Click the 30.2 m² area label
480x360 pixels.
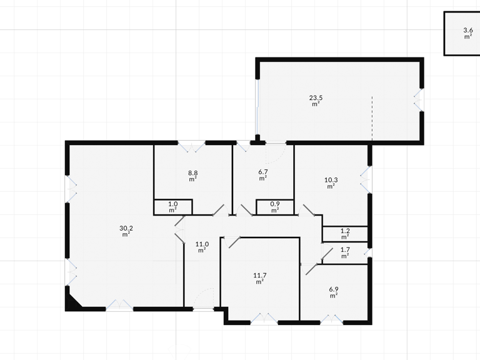coord(126,231)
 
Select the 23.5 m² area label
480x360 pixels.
coord(316,101)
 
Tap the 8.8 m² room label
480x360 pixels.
coord(193,176)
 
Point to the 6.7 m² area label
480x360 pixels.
coord(263,175)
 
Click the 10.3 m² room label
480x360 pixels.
coord(331,182)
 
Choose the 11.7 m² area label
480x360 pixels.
coord(259,278)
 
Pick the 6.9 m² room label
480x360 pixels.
coord(334,292)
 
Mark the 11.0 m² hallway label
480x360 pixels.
coord(202,247)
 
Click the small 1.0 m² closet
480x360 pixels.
coord(173,207)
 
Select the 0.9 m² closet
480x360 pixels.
coord(275,207)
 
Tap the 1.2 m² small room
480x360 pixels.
coord(345,234)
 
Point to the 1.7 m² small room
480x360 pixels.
coord(345,253)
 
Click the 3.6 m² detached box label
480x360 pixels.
coord(467,33)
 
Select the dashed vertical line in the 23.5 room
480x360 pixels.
coord(372,119)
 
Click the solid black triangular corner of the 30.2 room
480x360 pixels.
coord(73,302)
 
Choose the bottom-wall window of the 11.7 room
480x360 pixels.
coord(264,319)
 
